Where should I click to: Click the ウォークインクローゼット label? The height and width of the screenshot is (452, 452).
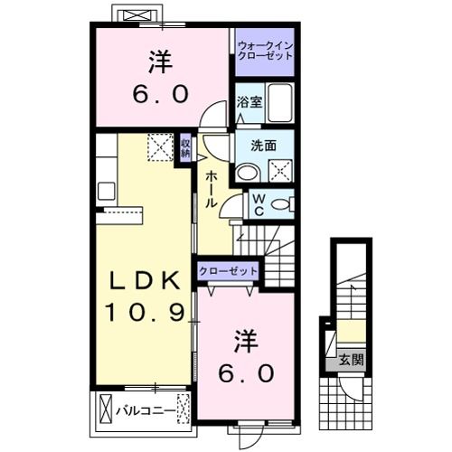(265, 51)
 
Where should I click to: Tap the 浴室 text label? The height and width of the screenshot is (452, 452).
(249, 102)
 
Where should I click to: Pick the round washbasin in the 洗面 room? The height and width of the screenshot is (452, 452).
(247, 173)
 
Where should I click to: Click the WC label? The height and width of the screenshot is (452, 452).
(258, 203)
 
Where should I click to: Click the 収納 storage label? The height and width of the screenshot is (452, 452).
(185, 146)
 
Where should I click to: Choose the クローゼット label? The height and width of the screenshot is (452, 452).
(228, 271)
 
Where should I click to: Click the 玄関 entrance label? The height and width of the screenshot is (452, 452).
(352, 359)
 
